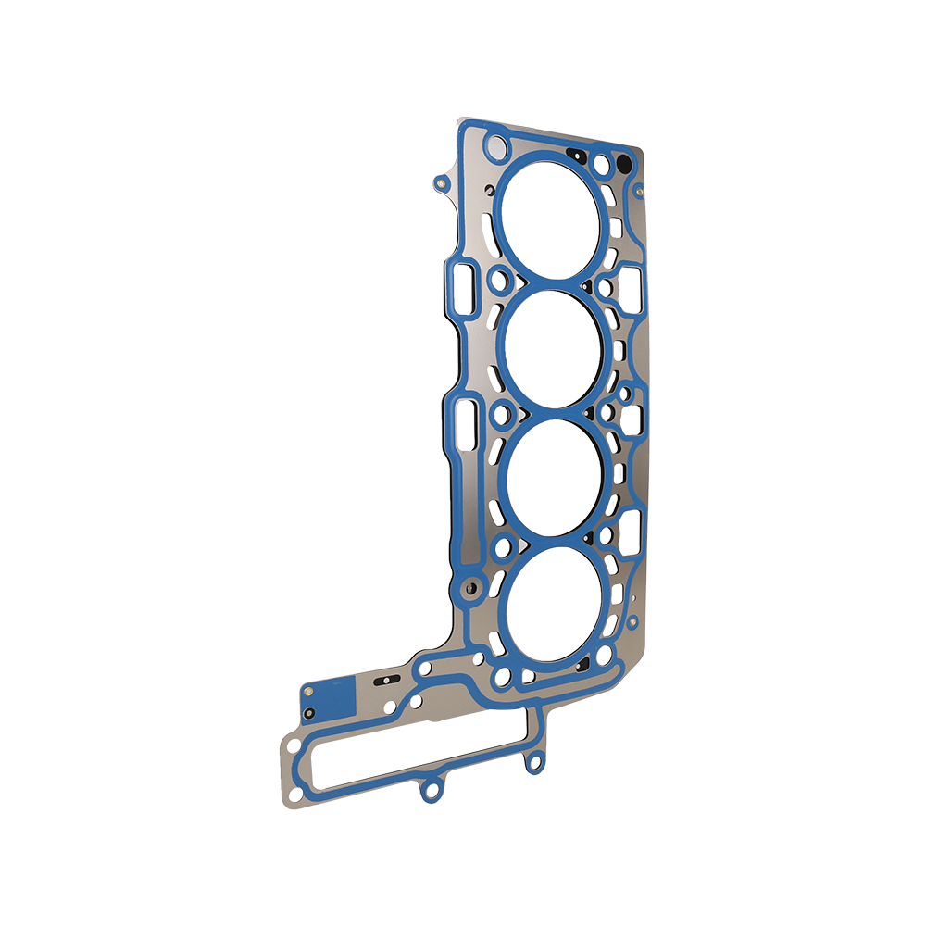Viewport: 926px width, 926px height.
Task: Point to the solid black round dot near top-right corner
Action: tap(623, 164)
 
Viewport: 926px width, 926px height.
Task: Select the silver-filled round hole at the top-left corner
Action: tap(497, 146)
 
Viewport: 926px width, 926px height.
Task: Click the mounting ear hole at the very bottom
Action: tap(429, 792)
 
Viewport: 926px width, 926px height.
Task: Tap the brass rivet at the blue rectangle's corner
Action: tap(307, 689)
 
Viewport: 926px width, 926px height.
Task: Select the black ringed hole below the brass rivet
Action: tap(310, 713)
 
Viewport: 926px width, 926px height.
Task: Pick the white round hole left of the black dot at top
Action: tap(603, 165)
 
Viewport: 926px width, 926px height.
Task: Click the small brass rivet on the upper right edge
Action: tap(640, 193)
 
